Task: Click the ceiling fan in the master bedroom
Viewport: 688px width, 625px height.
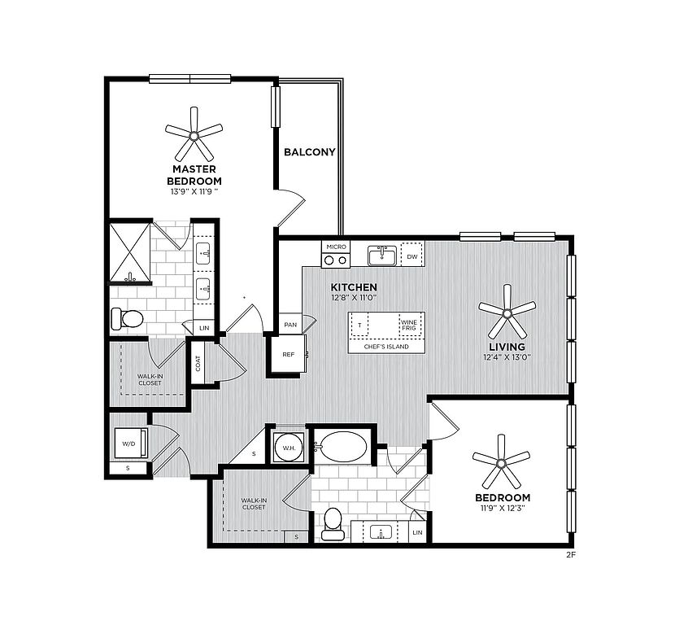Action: (194, 135)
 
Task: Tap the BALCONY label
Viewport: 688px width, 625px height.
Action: (309, 152)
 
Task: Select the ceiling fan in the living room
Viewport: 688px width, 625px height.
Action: (507, 312)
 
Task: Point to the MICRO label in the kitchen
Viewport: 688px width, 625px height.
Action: (336, 247)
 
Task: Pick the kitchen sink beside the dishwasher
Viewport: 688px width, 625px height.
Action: (382, 256)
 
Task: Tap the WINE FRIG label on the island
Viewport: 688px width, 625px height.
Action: (409, 325)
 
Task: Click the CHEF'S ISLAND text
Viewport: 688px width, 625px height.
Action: (386, 347)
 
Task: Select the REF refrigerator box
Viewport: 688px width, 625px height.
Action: (288, 355)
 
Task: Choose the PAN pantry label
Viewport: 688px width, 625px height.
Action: (290, 325)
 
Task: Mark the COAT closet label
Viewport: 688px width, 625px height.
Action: (198, 363)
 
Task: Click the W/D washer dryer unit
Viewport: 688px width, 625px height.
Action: (131, 444)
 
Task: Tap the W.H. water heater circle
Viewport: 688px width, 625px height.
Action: (288, 448)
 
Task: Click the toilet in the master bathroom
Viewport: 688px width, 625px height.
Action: (127, 319)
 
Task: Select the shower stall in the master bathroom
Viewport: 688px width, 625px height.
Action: (130, 252)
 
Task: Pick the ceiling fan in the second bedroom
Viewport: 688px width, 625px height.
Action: (501, 462)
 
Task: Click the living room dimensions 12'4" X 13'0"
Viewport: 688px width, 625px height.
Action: (507, 357)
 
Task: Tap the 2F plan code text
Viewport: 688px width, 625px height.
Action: (570, 555)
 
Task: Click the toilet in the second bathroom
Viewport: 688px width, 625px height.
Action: (332, 524)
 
